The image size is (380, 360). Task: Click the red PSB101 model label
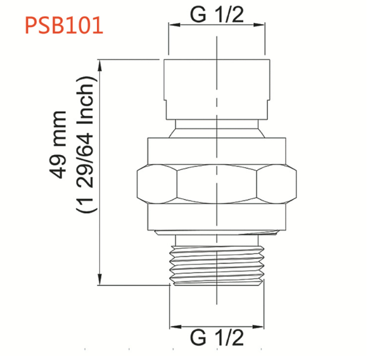tap(64, 25)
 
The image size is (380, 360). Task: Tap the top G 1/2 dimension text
tap(217, 15)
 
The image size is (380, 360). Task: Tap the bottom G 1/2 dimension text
tap(217, 338)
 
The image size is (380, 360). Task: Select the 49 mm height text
tap(58, 145)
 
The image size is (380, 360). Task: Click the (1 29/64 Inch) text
tap(85, 144)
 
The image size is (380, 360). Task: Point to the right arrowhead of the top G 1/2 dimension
tap(259, 25)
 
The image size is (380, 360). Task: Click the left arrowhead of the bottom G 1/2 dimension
tap(175, 327)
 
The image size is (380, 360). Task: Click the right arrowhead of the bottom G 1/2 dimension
tap(258, 327)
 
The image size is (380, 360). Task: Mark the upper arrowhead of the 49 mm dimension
tap(99, 65)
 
